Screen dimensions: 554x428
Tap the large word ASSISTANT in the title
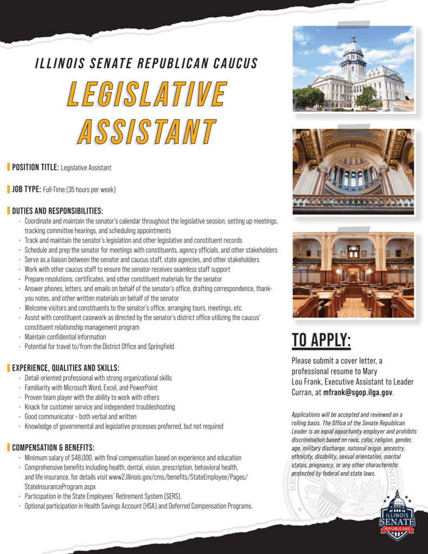pyautogui.click(x=146, y=131)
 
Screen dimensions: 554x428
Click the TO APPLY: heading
pyautogui.click(x=321, y=340)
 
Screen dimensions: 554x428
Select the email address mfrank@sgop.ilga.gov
pyautogui.click(x=358, y=393)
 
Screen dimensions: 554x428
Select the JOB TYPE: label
pyautogui.click(x=27, y=189)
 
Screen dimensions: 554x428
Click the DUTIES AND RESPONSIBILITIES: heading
pyautogui.click(x=57, y=211)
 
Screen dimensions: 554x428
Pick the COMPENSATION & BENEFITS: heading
pyautogui.click(x=53, y=447)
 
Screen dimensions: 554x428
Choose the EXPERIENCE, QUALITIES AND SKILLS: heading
pyautogui.click(x=65, y=368)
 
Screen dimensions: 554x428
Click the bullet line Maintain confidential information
pyautogui.click(x=65, y=337)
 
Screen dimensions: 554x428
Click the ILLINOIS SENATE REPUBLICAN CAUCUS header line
pyautogui.click(x=146, y=63)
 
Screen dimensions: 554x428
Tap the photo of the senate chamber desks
pyautogui.click(x=353, y=275)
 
